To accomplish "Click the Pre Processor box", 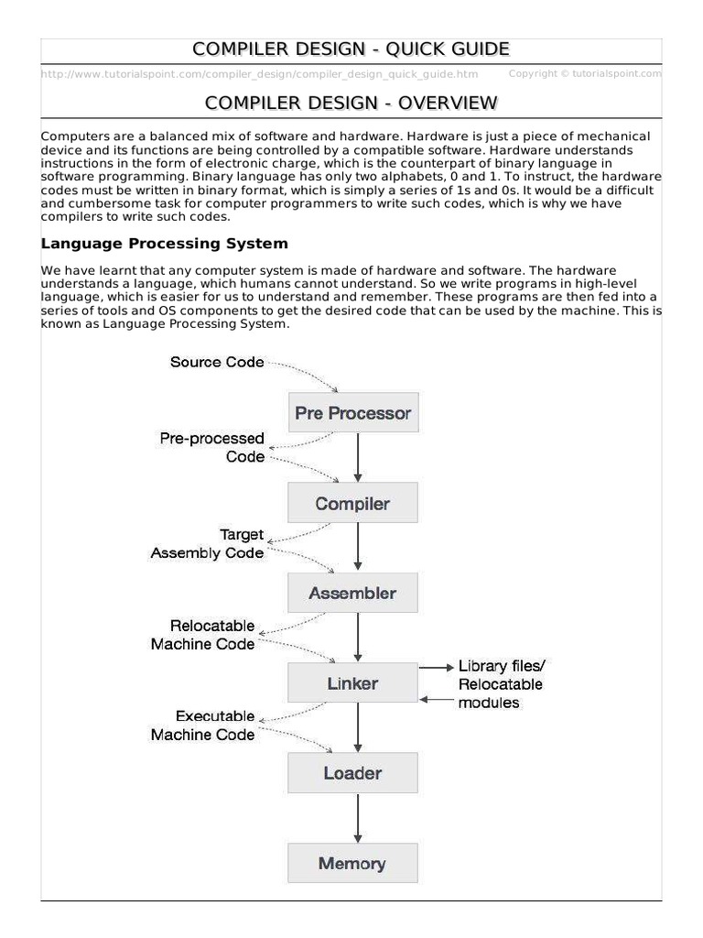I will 352,413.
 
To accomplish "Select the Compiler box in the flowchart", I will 352,503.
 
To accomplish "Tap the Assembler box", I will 352,593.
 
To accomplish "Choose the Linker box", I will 352,682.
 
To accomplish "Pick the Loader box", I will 352,772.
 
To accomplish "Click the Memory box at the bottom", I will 352,863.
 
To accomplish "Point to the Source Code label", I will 217,362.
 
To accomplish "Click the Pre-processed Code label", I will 212,447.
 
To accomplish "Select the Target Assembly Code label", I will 208,543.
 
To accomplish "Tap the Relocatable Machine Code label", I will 203,635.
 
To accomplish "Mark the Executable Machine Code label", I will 203,725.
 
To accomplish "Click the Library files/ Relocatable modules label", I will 501,684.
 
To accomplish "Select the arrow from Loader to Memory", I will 358,818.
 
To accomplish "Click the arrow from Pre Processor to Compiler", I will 358,458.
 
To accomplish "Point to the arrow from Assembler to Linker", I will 358,638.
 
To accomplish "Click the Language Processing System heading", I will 165,244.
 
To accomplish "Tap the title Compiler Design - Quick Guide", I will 351,49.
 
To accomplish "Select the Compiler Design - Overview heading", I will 351,102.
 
